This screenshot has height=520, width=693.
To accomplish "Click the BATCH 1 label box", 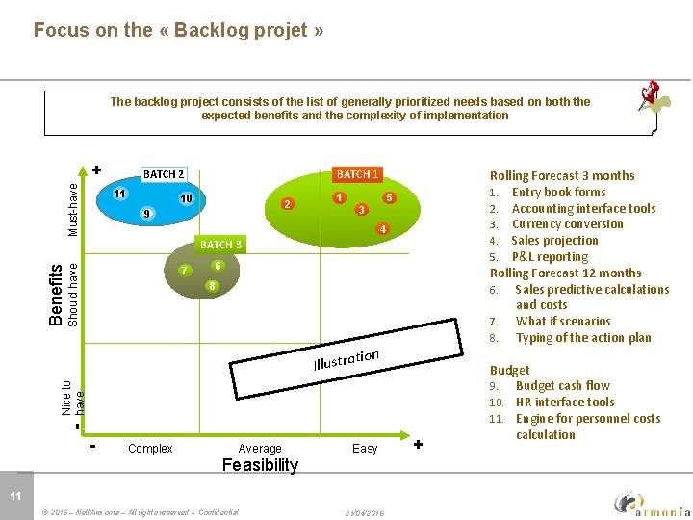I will [357, 174].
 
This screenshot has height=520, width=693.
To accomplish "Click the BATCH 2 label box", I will [164, 174].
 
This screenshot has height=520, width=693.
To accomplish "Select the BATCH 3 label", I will [220, 245].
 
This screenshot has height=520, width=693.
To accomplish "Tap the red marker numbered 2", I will [287, 204].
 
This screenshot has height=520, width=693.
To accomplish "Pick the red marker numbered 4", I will [382, 229].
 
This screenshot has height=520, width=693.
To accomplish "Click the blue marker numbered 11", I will [118, 194].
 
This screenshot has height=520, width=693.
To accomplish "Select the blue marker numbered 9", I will [144, 213].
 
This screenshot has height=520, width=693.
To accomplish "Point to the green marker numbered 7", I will [183, 271].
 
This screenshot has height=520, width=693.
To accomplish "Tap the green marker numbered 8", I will [212, 287].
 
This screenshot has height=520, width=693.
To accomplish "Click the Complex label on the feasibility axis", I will [150, 448].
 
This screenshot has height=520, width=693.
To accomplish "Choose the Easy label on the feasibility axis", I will [365, 448].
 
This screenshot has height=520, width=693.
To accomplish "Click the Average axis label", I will [260, 448].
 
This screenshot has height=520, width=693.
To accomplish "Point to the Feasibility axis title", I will [260, 465].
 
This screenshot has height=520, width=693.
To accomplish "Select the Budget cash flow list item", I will [562, 385].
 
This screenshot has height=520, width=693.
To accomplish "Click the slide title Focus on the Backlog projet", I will [178, 30].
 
